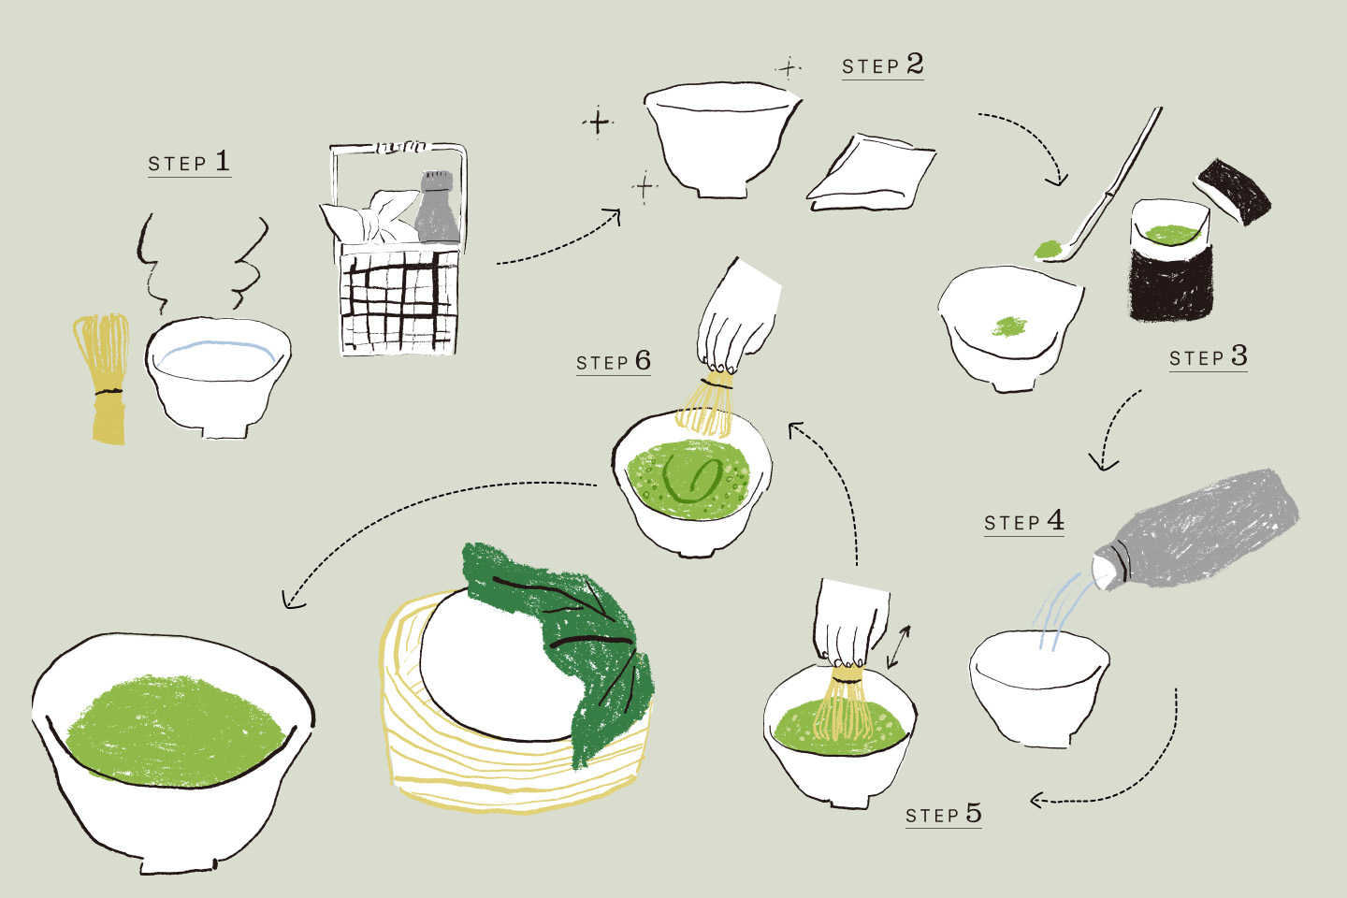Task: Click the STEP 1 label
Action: tap(189, 162)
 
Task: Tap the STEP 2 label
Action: tap(882, 65)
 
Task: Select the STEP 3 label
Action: tap(1209, 356)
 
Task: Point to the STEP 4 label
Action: tap(1023, 521)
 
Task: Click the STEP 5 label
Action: tap(944, 814)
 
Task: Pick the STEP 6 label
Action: tap(614, 361)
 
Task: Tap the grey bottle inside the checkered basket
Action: tap(438, 207)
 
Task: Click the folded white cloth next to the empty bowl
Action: tap(871, 173)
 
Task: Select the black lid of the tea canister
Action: tap(1233, 191)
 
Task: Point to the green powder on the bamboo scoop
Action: tap(1049, 249)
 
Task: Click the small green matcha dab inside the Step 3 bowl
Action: tap(1009, 326)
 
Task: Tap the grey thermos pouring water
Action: tap(1196, 529)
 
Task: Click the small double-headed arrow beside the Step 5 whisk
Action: tap(899, 646)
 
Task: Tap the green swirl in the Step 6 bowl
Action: tap(692, 479)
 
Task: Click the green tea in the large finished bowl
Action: tap(174, 731)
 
